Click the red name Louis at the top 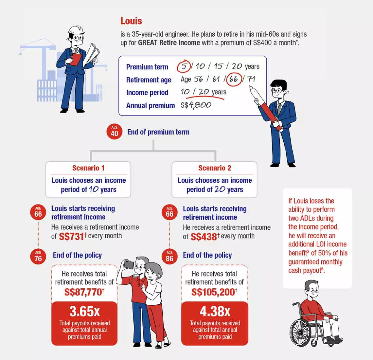(131, 21)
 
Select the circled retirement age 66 (234, 79)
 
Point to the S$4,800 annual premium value (196, 105)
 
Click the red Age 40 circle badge (115, 132)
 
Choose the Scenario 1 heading (88, 168)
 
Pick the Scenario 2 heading (215, 168)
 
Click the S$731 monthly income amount (71, 236)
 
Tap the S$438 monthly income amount (204, 237)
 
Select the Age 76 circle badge (38, 257)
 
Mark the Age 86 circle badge (169, 257)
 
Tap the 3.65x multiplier (84, 311)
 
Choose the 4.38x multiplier (215, 311)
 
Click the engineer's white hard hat (76, 30)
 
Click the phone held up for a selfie (129, 265)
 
